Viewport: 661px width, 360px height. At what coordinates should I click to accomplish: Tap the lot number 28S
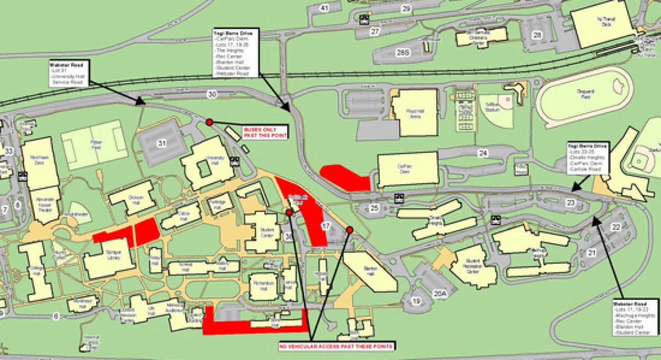pyautogui.click(x=403, y=52)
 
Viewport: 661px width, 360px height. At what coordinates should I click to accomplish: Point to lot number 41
pyautogui.click(x=324, y=7)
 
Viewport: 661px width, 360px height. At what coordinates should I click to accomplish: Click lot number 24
pyautogui.click(x=482, y=153)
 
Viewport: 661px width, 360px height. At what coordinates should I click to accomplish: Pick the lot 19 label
pyautogui.click(x=417, y=301)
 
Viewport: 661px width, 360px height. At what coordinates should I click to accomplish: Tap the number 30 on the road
pyautogui.click(x=212, y=95)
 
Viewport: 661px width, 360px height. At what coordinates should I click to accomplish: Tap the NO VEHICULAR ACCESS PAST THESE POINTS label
pyautogui.click(x=336, y=347)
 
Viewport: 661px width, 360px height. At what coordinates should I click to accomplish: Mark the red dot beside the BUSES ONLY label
pyautogui.click(x=209, y=122)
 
